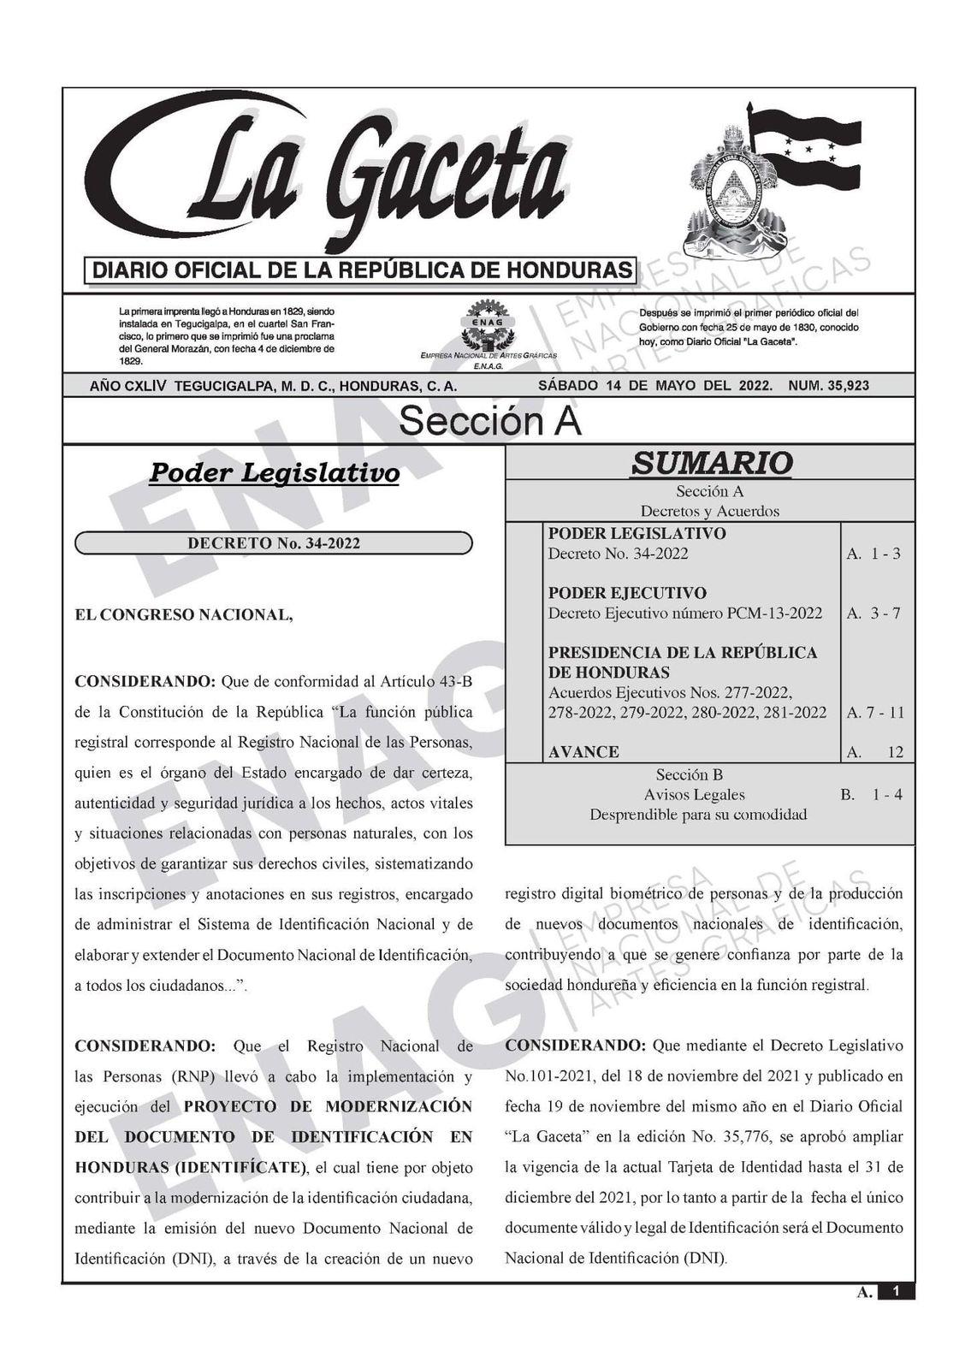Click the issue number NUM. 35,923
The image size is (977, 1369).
(x=828, y=386)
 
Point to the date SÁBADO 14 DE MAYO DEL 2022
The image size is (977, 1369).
(x=654, y=386)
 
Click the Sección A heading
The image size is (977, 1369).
(x=489, y=422)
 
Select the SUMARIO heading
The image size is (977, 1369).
(x=711, y=463)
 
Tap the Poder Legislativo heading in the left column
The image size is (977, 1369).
(x=274, y=472)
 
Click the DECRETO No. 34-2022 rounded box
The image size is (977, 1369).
(x=274, y=543)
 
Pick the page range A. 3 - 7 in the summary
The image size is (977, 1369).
(x=873, y=613)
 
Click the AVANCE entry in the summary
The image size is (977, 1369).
(x=583, y=752)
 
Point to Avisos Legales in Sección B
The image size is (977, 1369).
(x=695, y=795)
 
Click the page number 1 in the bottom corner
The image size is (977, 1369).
(x=895, y=1291)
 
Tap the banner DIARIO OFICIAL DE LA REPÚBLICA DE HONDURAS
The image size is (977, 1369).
(x=360, y=271)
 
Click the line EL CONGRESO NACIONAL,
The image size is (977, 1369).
(x=184, y=614)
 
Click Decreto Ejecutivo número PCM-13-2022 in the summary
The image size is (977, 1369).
(x=685, y=613)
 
